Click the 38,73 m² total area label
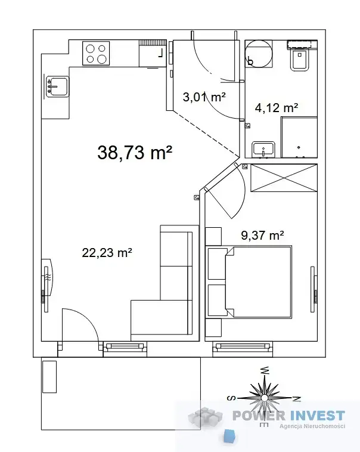click(x=135, y=152)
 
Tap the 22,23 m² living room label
click(x=107, y=252)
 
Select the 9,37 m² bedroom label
click(x=262, y=235)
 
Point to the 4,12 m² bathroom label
click(x=277, y=107)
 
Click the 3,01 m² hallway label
click(x=204, y=97)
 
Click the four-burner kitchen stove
click(x=96, y=53)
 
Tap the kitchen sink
click(x=57, y=86)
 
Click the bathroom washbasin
click(x=263, y=150)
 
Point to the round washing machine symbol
click(x=259, y=54)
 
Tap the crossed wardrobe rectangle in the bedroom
click(x=284, y=178)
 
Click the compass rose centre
click(x=264, y=398)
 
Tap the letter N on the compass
click(x=297, y=399)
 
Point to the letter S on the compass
click(x=231, y=398)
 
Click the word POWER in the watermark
click(x=259, y=416)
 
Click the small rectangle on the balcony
click(x=49, y=376)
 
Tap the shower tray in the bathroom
click(x=299, y=137)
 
